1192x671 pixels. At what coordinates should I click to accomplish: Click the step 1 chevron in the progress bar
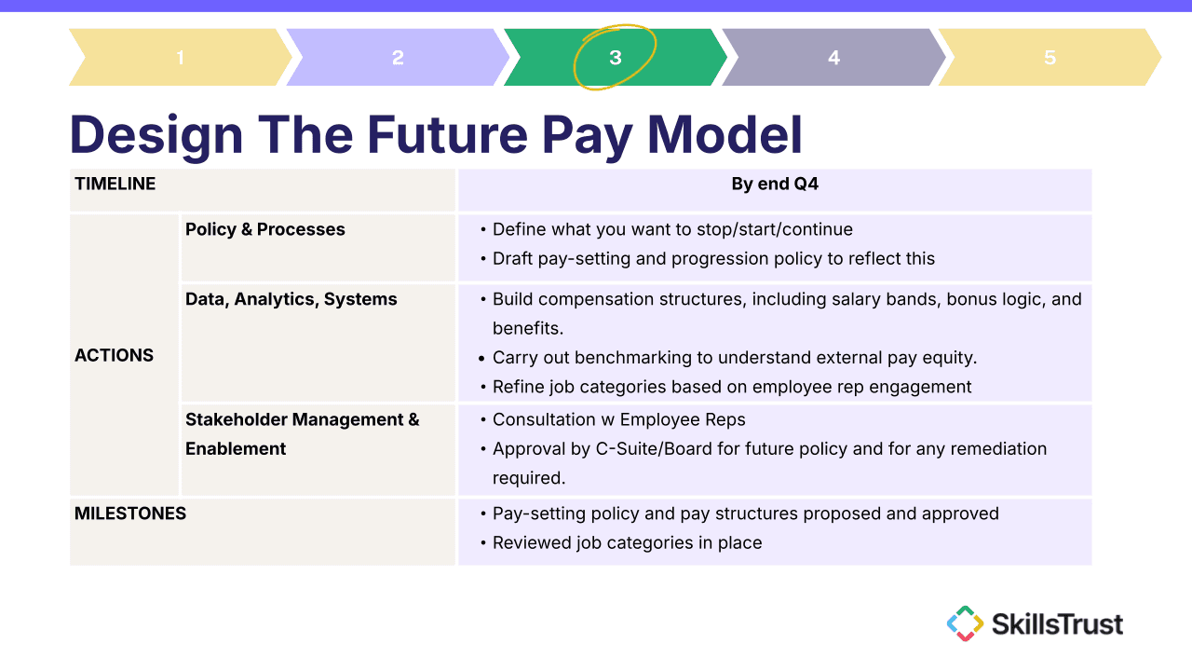tap(181, 57)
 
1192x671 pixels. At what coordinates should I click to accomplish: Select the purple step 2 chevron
tap(398, 57)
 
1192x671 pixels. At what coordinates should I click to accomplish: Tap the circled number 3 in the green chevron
tap(616, 58)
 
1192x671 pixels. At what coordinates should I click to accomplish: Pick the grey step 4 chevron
tap(833, 57)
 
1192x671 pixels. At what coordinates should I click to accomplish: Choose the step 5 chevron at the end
tap(1050, 57)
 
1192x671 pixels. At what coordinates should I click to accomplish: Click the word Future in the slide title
tap(447, 134)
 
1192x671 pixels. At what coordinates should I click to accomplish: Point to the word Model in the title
tap(725, 134)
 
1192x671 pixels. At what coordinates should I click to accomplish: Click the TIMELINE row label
tap(115, 184)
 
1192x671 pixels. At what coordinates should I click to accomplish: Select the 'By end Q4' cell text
tap(775, 184)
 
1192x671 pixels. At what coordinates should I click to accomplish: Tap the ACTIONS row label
tap(114, 355)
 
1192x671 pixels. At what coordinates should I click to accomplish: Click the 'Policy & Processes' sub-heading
tap(265, 229)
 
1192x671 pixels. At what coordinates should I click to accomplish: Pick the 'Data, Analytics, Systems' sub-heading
tap(291, 299)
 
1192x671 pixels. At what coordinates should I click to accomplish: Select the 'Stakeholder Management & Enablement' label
tap(303, 434)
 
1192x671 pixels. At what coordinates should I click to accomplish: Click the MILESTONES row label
tap(130, 514)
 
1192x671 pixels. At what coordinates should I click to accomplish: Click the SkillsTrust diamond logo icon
tap(965, 623)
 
